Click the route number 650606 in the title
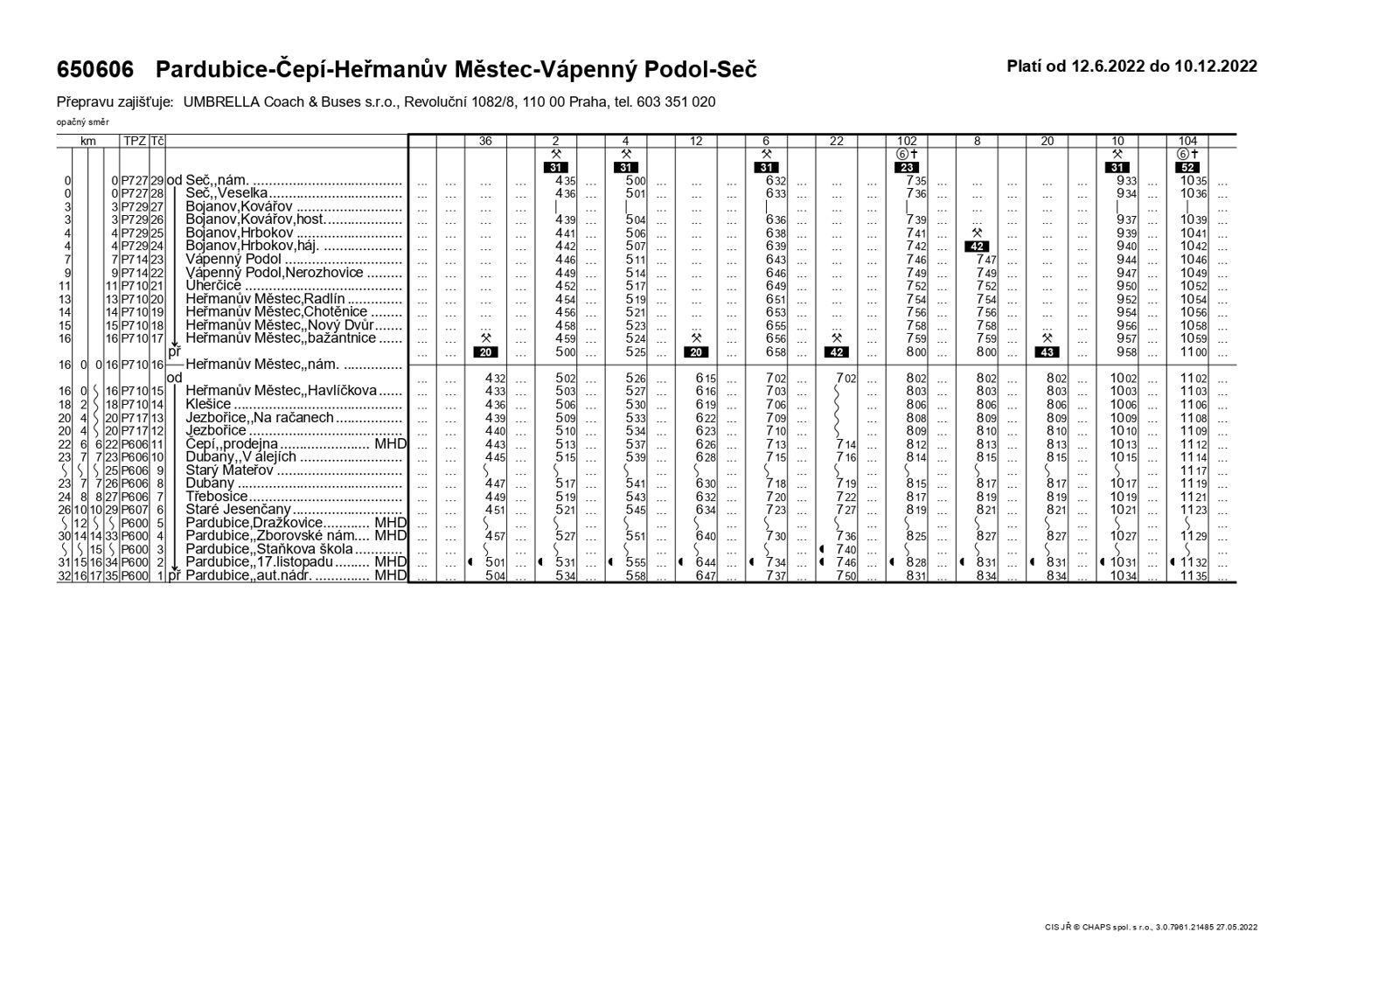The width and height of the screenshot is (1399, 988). (x=95, y=70)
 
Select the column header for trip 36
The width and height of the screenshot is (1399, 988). (x=485, y=141)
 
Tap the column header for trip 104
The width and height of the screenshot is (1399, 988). (x=1187, y=141)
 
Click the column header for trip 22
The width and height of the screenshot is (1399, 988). (x=837, y=141)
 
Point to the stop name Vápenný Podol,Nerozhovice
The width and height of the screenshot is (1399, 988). (x=274, y=273)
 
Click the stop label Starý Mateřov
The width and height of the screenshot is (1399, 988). (x=230, y=470)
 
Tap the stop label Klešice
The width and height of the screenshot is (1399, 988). (x=208, y=405)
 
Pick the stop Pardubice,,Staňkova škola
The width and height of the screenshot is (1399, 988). (x=269, y=549)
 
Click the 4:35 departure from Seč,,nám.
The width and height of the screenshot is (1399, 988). (x=564, y=181)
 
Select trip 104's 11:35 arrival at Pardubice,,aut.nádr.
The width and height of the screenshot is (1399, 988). (x=1194, y=576)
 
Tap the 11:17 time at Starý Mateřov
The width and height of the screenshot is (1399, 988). (x=1194, y=470)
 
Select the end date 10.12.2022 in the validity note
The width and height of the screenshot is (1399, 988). (x=1215, y=66)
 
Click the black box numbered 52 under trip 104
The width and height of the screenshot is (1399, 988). (x=1187, y=168)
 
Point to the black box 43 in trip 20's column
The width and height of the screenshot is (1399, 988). (x=1047, y=352)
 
